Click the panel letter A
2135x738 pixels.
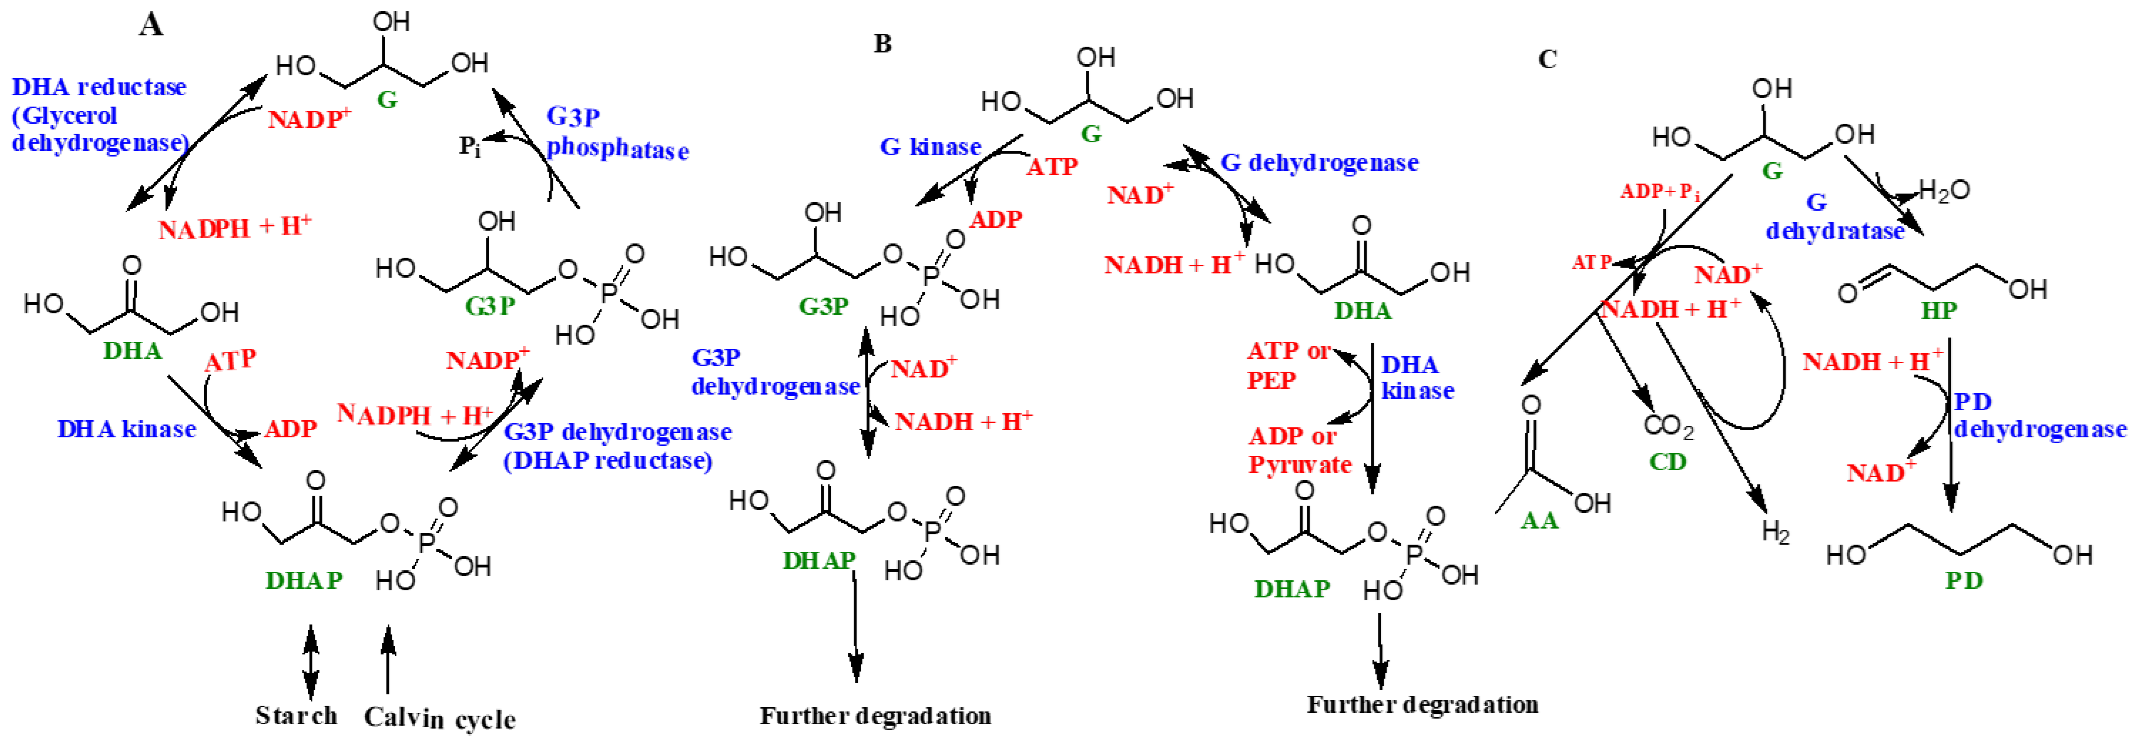click(151, 26)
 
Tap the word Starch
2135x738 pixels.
click(296, 715)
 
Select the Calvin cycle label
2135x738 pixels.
click(439, 718)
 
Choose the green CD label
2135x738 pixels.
click(1667, 462)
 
